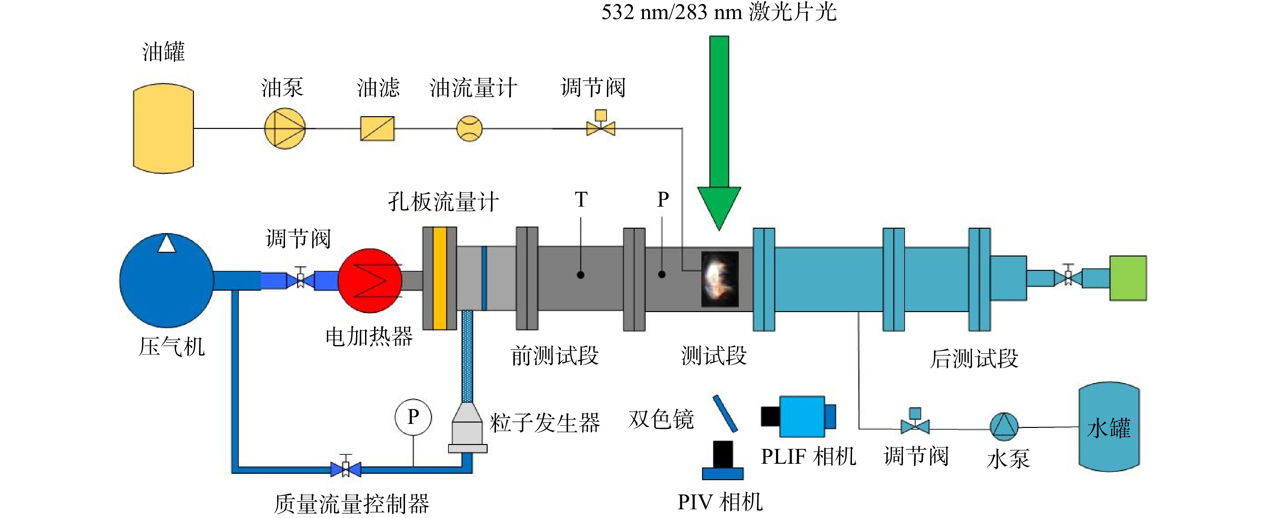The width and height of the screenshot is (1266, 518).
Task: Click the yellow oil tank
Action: (x=163, y=128)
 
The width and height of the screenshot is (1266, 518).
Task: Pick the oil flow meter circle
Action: (x=469, y=129)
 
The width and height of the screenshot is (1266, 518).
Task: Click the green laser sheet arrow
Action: (x=719, y=133)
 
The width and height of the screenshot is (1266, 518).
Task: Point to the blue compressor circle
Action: (x=166, y=280)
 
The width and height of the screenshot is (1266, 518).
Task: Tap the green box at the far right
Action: (x=1128, y=278)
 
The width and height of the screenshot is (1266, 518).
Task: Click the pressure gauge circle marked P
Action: (x=413, y=417)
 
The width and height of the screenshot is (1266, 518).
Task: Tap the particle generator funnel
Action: (x=467, y=428)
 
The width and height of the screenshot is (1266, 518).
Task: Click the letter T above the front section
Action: (x=581, y=200)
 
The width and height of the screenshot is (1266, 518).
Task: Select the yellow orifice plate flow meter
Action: (x=440, y=278)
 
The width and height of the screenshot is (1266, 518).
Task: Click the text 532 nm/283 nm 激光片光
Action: (x=719, y=12)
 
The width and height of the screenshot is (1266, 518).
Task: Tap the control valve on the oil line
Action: (x=601, y=124)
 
